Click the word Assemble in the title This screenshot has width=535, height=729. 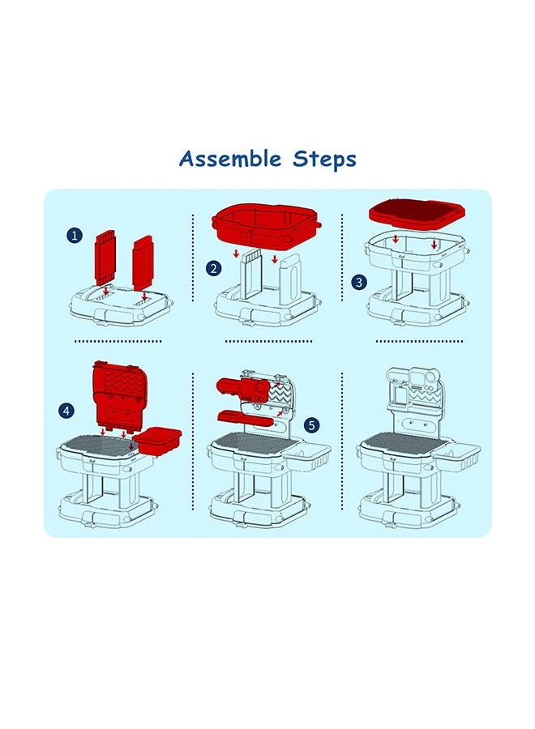(x=230, y=159)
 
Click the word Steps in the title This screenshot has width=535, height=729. (x=324, y=160)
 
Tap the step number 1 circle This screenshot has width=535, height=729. (x=75, y=235)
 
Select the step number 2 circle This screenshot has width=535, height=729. (x=213, y=268)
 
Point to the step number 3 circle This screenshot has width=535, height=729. (x=358, y=282)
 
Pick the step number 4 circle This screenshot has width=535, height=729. (x=66, y=411)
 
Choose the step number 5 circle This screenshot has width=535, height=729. (x=311, y=424)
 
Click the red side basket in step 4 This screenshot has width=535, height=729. (x=157, y=441)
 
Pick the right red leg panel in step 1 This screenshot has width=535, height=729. (x=143, y=262)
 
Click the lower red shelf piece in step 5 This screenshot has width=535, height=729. (x=245, y=418)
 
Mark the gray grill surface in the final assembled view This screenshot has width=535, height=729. (x=400, y=444)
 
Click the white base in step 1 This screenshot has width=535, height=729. (x=121, y=305)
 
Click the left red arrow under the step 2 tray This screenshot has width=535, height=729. (x=237, y=254)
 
